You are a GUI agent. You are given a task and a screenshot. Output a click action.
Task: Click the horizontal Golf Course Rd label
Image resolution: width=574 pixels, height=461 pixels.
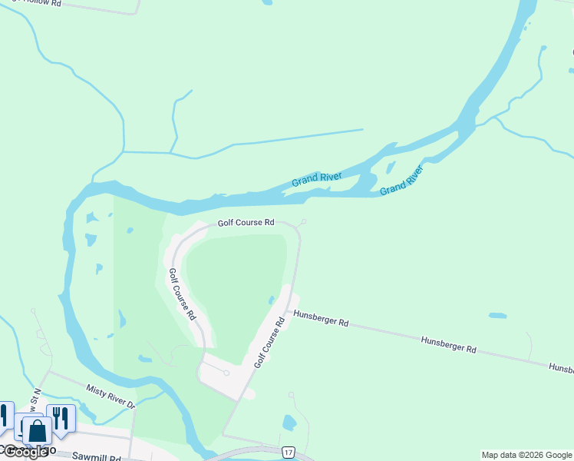click(x=246, y=223)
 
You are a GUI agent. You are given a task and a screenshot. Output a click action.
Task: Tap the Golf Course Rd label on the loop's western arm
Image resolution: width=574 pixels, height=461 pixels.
click(x=182, y=294)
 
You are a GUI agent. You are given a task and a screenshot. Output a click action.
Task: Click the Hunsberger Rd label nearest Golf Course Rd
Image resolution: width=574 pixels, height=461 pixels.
click(x=321, y=318)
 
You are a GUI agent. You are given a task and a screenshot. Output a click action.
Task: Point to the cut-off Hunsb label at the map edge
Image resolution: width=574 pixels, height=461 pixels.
click(x=561, y=369)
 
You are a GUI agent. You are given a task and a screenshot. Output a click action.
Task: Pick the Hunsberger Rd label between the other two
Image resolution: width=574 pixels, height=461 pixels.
click(x=448, y=343)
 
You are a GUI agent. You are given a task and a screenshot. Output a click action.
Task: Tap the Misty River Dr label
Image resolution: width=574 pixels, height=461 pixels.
click(x=111, y=396)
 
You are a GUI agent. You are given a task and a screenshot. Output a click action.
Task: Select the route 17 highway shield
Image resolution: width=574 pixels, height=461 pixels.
click(x=288, y=452)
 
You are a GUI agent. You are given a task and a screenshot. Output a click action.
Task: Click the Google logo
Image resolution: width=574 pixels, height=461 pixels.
click(x=25, y=452)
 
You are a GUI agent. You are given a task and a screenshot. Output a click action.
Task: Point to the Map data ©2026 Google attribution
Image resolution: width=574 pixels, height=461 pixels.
click(x=526, y=455)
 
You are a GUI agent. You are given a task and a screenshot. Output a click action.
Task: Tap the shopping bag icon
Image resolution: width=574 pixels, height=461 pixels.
click(x=36, y=430)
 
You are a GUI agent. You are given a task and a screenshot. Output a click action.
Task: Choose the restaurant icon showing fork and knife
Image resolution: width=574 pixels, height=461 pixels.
click(x=61, y=418)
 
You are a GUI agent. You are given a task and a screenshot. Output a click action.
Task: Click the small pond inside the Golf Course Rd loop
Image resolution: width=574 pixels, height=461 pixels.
click(x=272, y=300)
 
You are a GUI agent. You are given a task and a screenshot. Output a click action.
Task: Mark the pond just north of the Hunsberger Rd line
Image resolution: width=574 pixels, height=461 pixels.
click(x=497, y=315)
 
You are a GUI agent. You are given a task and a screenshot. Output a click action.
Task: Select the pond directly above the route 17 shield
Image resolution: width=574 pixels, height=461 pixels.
click(x=289, y=422)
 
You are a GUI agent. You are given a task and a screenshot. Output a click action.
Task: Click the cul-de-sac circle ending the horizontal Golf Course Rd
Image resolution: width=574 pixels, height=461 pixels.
click(x=304, y=222)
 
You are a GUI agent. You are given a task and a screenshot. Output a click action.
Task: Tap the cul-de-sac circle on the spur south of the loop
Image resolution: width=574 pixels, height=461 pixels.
click(x=226, y=373)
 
